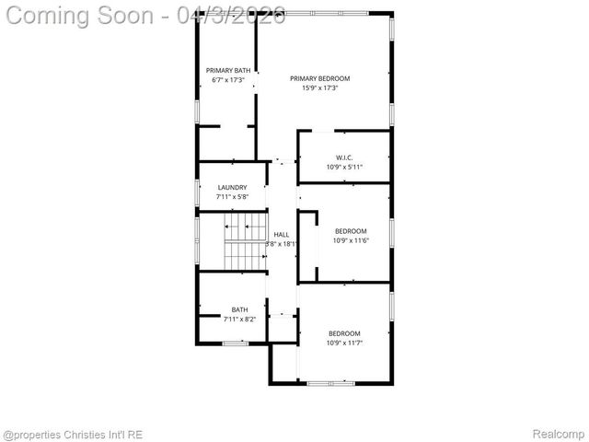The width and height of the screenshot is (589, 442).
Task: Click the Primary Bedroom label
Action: point(320,78)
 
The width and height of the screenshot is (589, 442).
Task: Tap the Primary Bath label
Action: point(227,71)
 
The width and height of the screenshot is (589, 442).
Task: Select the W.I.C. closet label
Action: point(344,157)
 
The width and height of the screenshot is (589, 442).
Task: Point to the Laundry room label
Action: point(232,188)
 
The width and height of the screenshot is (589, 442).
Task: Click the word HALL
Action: point(281,235)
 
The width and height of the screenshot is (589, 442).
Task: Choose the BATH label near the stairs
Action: point(239,309)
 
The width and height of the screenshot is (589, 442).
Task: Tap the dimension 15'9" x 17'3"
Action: point(320,88)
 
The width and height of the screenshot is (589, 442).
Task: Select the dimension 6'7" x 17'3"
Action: point(227,81)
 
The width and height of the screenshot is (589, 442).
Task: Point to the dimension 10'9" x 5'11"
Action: point(344,167)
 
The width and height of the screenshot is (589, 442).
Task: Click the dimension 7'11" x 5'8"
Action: point(232,197)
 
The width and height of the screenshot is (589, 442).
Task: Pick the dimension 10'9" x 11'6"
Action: point(350,240)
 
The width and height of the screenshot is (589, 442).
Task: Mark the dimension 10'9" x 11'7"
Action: point(344,343)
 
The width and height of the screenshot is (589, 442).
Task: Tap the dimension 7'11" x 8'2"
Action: point(239,319)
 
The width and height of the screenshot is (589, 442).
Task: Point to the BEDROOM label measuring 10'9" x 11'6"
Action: point(350,231)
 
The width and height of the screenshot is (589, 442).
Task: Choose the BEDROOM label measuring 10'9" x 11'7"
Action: point(344,333)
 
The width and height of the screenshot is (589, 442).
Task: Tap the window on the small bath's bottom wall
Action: point(236,343)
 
